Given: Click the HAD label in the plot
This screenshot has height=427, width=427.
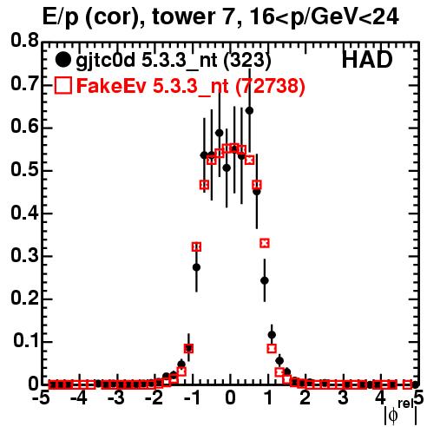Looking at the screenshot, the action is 367,60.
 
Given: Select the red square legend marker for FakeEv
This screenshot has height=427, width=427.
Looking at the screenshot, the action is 62,85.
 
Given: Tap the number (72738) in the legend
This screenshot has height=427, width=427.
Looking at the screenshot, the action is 270,86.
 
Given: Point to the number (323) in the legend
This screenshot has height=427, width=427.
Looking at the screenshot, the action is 247,60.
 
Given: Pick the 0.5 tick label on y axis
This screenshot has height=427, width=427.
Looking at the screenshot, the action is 24,169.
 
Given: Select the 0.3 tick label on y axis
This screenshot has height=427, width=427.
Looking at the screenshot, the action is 24,255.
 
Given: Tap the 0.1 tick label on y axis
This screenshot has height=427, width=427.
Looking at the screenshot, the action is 25,340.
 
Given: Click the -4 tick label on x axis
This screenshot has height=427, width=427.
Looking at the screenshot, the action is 79,398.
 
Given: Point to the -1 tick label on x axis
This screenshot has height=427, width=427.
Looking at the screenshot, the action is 193,398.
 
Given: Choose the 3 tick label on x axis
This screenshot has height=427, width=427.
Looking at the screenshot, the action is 343,398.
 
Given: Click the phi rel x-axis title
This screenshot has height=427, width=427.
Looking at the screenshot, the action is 401,412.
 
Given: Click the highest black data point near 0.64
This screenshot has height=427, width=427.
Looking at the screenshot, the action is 249,110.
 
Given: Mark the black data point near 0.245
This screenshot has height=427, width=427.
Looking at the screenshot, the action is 265,280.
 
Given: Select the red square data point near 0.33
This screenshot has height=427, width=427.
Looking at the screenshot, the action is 265,243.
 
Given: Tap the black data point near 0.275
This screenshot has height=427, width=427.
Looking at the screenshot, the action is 196,267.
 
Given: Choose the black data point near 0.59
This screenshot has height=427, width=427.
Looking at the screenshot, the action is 220,133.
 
